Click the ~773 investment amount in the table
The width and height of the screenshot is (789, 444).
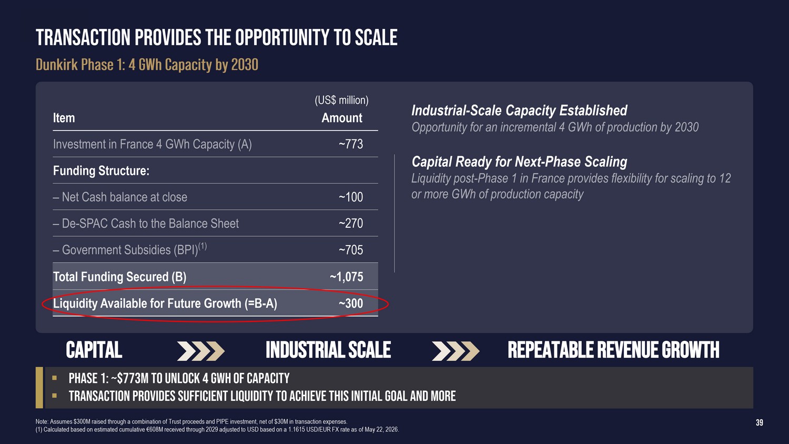350,144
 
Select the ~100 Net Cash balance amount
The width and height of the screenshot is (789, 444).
350,197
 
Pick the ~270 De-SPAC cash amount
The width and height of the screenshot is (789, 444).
350,224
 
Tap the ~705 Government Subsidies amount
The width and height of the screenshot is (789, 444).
350,250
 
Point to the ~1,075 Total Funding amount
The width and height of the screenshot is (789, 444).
346,277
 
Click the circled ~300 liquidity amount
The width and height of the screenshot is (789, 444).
350,304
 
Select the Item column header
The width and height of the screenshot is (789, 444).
64,118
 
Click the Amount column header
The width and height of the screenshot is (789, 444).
342,118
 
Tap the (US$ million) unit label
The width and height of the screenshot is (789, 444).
341,100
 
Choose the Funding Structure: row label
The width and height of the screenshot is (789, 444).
101,171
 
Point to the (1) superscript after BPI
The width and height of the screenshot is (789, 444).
203,246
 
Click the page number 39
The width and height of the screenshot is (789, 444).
760,422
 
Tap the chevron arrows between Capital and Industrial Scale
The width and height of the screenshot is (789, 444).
201,351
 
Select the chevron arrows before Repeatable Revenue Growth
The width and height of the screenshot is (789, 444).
456,351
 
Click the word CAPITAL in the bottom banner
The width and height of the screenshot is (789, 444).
94,350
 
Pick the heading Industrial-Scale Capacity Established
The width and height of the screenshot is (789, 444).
519,110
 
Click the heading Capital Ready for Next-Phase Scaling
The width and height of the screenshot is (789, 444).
519,162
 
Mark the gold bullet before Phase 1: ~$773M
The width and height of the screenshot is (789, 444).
54,378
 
